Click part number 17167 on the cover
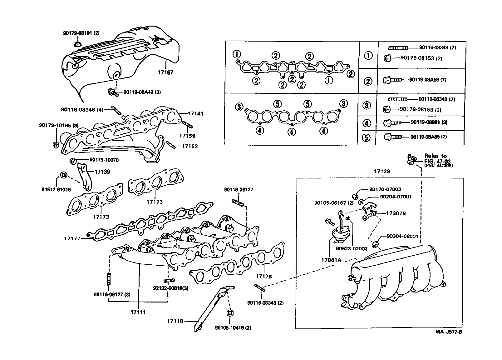click(x=165, y=72)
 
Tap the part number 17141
click(x=195, y=114)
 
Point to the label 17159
click(x=187, y=136)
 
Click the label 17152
click(x=189, y=146)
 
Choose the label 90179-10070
click(x=104, y=160)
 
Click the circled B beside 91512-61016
click(x=63, y=175)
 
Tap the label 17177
click(x=72, y=238)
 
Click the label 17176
click(x=264, y=276)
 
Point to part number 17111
click(x=138, y=312)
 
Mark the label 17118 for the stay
click(x=175, y=321)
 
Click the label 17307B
click(x=396, y=213)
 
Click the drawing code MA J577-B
click(x=449, y=332)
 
